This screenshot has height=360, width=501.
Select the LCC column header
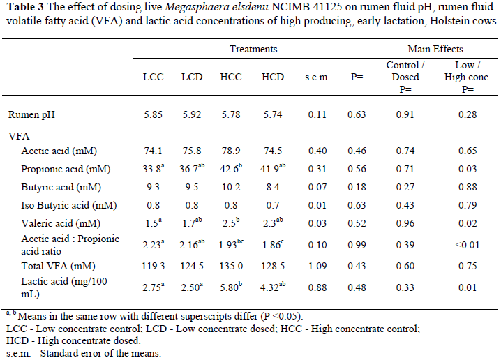(153, 77)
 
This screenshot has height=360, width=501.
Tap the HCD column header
(272, 77)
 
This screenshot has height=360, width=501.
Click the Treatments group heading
(253, 50)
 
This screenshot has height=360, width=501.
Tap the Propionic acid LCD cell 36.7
(193, 170)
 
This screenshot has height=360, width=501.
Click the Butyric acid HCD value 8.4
(272, 188)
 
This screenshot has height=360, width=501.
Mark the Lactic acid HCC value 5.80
(233, 286)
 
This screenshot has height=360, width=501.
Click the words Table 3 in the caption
(22, 8)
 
